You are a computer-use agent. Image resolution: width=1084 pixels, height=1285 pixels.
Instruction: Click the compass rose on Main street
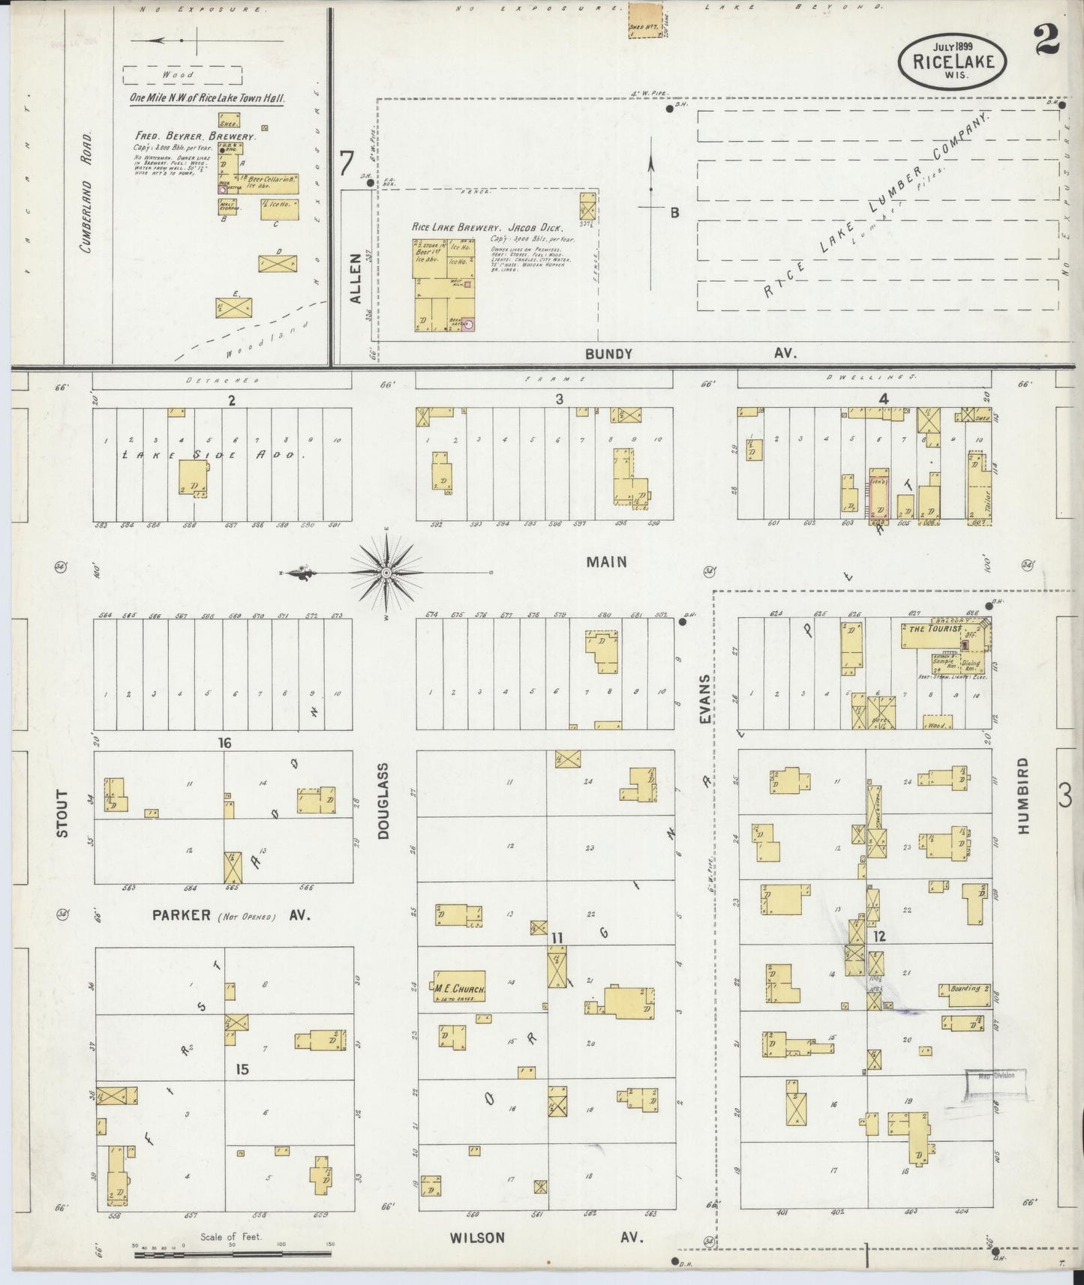tap(386, 574)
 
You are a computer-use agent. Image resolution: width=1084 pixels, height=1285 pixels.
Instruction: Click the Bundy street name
tap(608, 354)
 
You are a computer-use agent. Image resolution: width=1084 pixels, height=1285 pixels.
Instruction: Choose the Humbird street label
tap(1025, 795)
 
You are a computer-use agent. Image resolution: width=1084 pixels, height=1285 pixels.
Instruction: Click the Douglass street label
tap(383, 801)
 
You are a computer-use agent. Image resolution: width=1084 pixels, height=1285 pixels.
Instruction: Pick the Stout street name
tap(62, 813)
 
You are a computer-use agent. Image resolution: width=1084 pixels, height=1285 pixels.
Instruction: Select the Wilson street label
tap(477, 1237)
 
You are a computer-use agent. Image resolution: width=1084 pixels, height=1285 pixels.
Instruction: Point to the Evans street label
tap(704, 699)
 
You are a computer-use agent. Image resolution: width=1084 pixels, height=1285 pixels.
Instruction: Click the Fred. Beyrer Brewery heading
tap(196, 137)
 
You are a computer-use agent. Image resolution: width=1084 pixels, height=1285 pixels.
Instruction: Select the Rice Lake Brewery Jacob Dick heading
tap(491, 226)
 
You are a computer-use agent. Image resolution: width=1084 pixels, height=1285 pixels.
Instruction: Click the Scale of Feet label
tap(230, 1236)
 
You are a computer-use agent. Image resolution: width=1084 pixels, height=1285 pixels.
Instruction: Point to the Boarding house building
tap(965, 990)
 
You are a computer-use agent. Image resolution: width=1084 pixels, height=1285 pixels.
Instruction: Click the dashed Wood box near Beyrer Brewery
tap(182, 75)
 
